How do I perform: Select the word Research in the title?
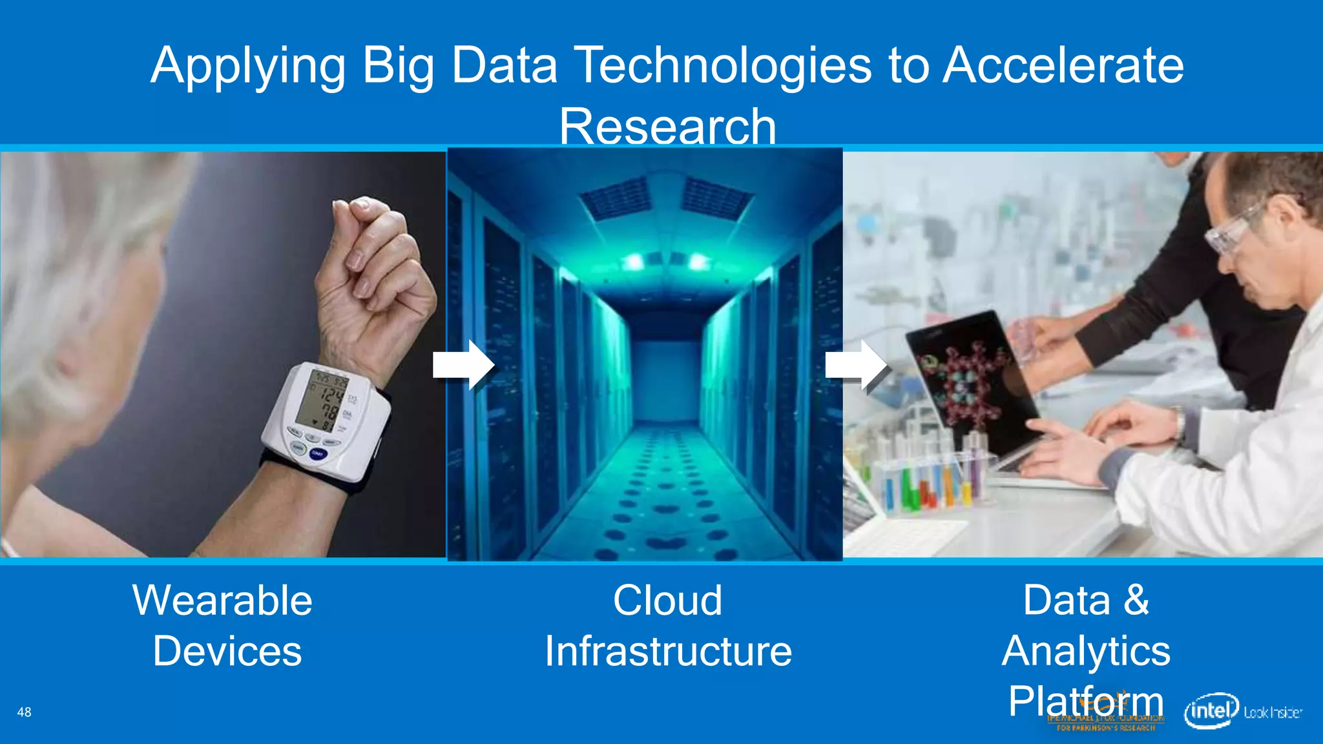coord(667,126)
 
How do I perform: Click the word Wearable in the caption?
coord(222,600)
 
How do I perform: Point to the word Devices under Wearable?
coord(227,650)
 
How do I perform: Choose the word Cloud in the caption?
coord(667,600)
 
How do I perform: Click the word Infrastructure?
coord(668,650)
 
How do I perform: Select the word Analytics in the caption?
coord(1086,650)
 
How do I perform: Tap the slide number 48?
coord(24,712)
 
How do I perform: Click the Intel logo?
coord(1211,711)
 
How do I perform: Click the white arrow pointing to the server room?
coord(463,365)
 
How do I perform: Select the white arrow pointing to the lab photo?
coord(857,366)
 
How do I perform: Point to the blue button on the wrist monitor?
coord(318,454)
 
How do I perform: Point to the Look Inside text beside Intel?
coord(1273,712)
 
